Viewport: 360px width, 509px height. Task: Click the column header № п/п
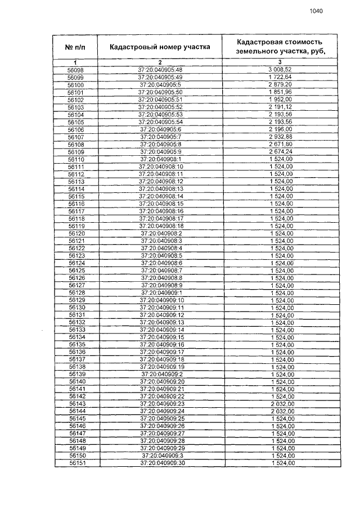pos(76,47)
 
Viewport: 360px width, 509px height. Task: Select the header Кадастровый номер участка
pos(160,47)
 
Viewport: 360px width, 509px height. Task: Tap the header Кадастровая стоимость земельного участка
pos(279,47)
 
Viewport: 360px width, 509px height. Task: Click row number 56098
pos(75,70)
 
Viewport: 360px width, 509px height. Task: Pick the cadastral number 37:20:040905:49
pos(160,77)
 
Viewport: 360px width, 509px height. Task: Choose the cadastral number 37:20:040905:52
pos(160,107)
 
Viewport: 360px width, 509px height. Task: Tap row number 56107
pos(75,137)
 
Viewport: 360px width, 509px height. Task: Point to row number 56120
pos(76,233)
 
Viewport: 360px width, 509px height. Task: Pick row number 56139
pos(76,374)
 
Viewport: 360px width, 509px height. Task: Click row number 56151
pos(76,463)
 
